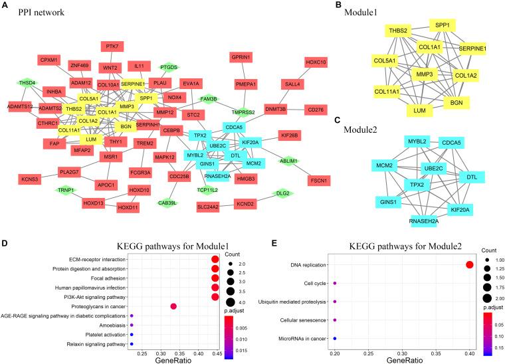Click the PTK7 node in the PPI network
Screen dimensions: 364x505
(x=111, y=46)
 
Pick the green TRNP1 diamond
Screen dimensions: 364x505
(x=65, y=191)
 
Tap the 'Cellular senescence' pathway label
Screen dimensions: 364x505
(x=299, y=319)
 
